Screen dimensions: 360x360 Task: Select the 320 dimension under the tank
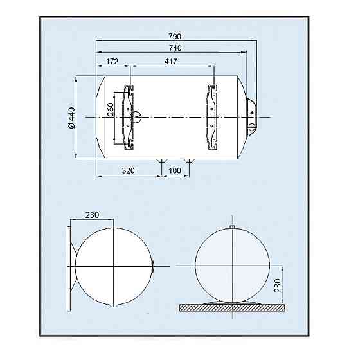coord(127,172)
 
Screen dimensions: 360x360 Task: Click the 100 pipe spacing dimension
coord(175,172)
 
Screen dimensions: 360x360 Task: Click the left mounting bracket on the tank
coord(129,116)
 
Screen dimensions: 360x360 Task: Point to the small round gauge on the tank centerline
coord(136,116)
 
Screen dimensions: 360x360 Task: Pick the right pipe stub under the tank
coord(189,158)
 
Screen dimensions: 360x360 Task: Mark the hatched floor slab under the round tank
coord(232,307)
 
